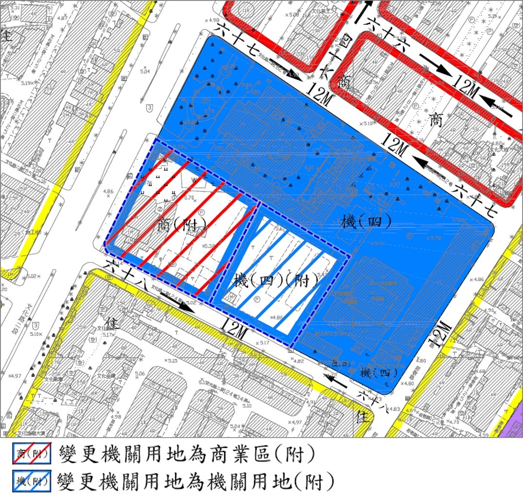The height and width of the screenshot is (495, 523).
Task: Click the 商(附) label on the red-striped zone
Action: click(x=182, y=226)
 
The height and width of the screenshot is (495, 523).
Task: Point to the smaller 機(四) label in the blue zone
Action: click(x=379, y=373)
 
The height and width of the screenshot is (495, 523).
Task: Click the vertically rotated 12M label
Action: click(x=439, y=333)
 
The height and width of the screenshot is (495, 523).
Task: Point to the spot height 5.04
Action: click(x=145, y=71)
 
